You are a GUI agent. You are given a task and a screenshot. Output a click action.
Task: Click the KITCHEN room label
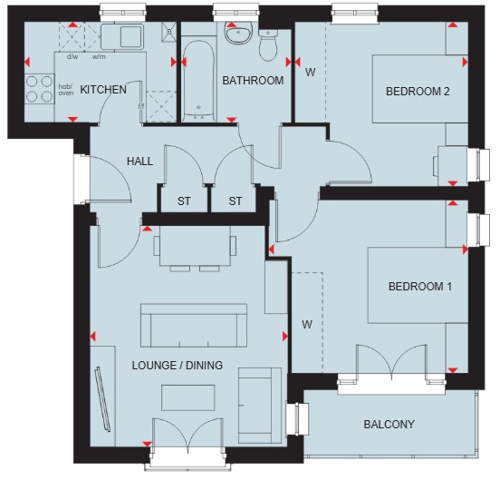coord(103,90)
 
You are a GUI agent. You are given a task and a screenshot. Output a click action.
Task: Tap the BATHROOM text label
coord(253,81)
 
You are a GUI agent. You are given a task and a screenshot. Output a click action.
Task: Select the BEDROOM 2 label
coord(418,92)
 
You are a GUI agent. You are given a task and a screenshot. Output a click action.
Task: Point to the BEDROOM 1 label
coord(420,286)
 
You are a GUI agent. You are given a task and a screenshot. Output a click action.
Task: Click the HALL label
coord(140,162)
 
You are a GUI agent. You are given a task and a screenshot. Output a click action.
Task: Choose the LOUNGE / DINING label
coord(178,365)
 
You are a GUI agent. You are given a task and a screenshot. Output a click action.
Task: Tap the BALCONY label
coord(389,424)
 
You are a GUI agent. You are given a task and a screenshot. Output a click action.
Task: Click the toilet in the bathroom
coord(268,45)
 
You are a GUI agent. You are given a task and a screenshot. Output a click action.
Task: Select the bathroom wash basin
coord(238,33)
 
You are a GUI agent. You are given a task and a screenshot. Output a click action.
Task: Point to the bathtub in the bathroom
coord(198,81)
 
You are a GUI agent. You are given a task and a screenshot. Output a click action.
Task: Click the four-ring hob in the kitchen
coord(39,88)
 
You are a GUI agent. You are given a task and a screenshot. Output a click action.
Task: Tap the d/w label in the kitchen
coord(72,57)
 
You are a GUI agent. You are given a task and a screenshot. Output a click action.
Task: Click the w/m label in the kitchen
coord(99,57)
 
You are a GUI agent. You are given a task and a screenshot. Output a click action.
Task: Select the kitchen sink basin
coord(131,36)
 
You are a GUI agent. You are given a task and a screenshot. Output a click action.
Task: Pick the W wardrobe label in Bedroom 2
coord(311,73)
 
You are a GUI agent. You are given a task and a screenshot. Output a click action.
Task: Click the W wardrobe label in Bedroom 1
coord(307,325)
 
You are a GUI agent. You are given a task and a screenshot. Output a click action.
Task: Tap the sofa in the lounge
coord(194,326)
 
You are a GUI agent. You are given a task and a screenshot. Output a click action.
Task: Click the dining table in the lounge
coord(195,246)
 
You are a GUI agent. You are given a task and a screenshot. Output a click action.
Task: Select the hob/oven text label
coord(66,90)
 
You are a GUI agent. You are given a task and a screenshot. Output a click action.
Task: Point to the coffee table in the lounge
coord(188,397)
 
